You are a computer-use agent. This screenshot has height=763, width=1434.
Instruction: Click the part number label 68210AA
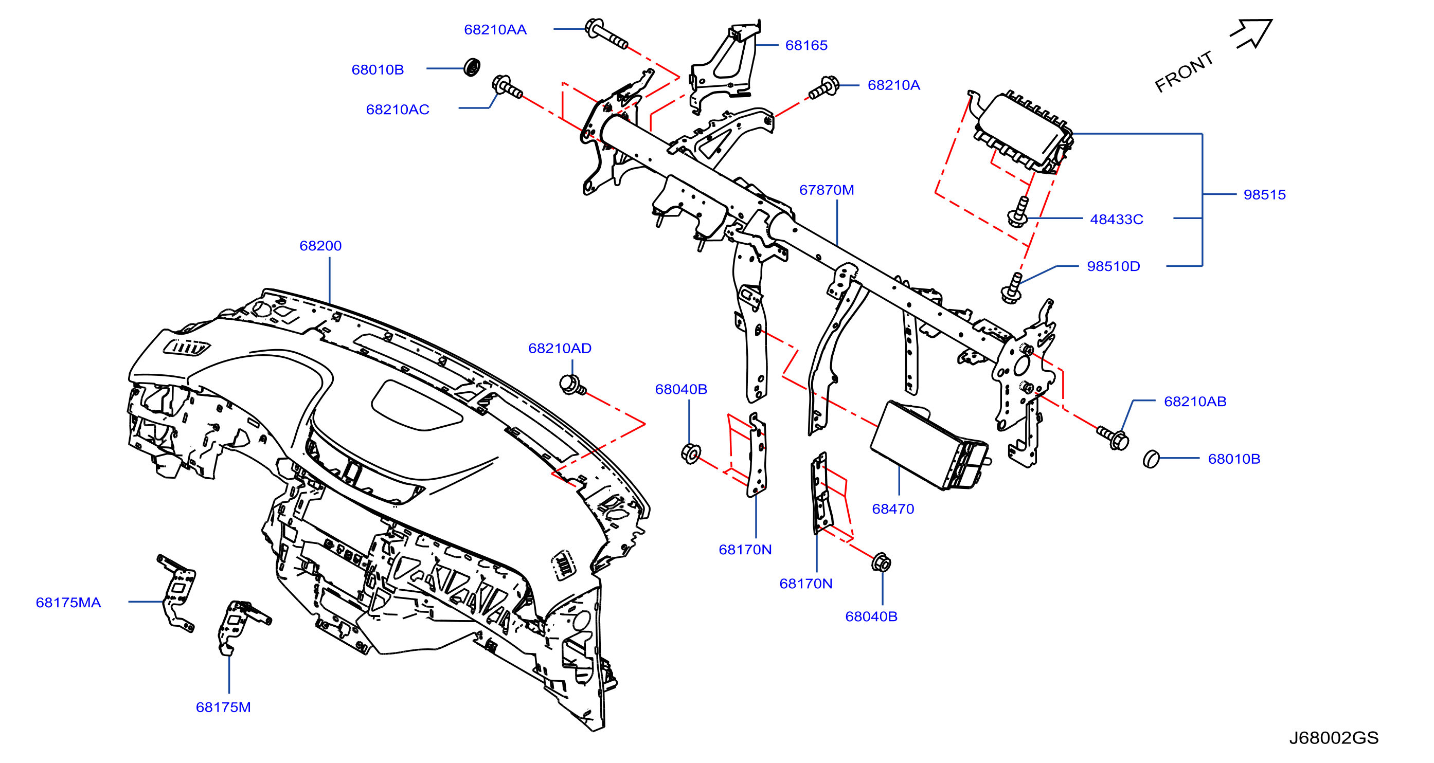(495, 29)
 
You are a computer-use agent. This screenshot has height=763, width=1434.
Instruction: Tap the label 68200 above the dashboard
(320, 245)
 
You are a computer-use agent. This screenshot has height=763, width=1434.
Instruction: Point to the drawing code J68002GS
(1334, 737)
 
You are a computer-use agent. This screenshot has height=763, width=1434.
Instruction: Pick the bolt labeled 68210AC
(506, 88)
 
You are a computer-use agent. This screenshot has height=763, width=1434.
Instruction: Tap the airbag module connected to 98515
(1021, 131)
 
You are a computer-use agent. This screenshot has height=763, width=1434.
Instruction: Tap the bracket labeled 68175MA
(176, 592)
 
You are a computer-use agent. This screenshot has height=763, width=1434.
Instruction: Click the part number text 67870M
(826, 190)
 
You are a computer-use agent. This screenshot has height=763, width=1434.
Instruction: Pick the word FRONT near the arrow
(1184, 72)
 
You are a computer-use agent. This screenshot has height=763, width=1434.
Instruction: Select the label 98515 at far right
(1264, 194)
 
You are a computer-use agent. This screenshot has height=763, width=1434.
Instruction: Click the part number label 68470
(893, 508)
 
